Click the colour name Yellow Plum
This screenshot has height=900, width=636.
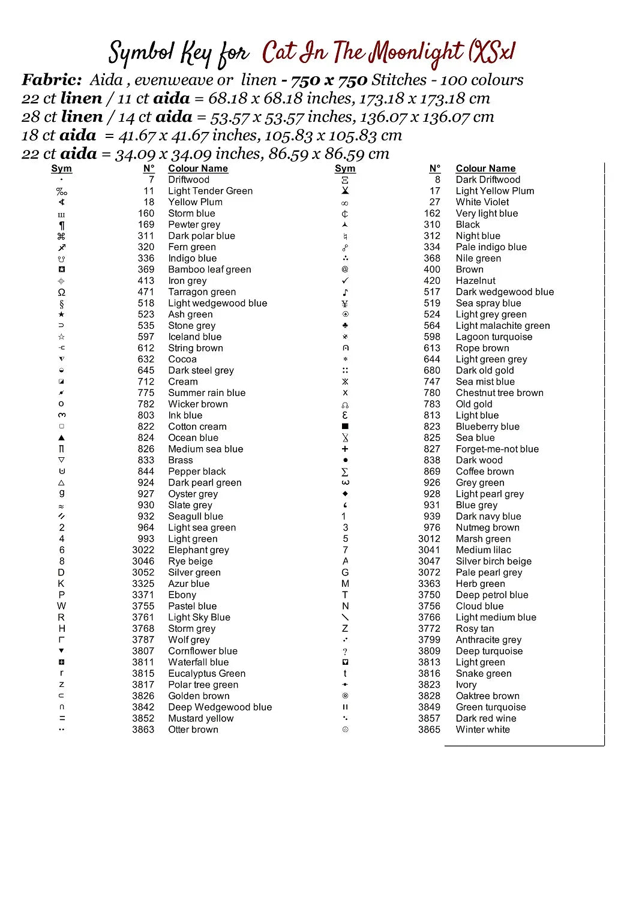pos(195,202)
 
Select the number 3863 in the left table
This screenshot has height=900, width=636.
pos(143,730)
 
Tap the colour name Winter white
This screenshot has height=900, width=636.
pos(482,730)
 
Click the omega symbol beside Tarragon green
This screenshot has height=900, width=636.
pos(61,292)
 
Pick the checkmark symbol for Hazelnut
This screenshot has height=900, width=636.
pos(345,281)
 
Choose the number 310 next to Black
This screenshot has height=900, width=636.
pos(431,224)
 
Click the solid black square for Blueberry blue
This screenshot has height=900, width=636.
pos(345,427)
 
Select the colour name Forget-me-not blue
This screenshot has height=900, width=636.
pos(497,449)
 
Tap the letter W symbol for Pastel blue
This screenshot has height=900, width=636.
pos(61,606)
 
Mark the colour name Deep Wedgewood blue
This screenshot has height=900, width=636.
pos(220,707)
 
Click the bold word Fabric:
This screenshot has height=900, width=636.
pos(52,80)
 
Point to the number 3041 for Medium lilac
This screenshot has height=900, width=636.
pos(429,550)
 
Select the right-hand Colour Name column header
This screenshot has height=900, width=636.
pos(485,169)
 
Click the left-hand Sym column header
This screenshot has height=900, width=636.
pos(61,169)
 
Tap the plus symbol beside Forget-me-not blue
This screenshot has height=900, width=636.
pos(345,449)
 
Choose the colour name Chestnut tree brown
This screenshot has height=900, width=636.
pos(499,393)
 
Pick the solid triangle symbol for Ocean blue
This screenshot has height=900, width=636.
pos(61,438)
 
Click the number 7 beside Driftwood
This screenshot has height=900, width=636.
pos(151,179)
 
